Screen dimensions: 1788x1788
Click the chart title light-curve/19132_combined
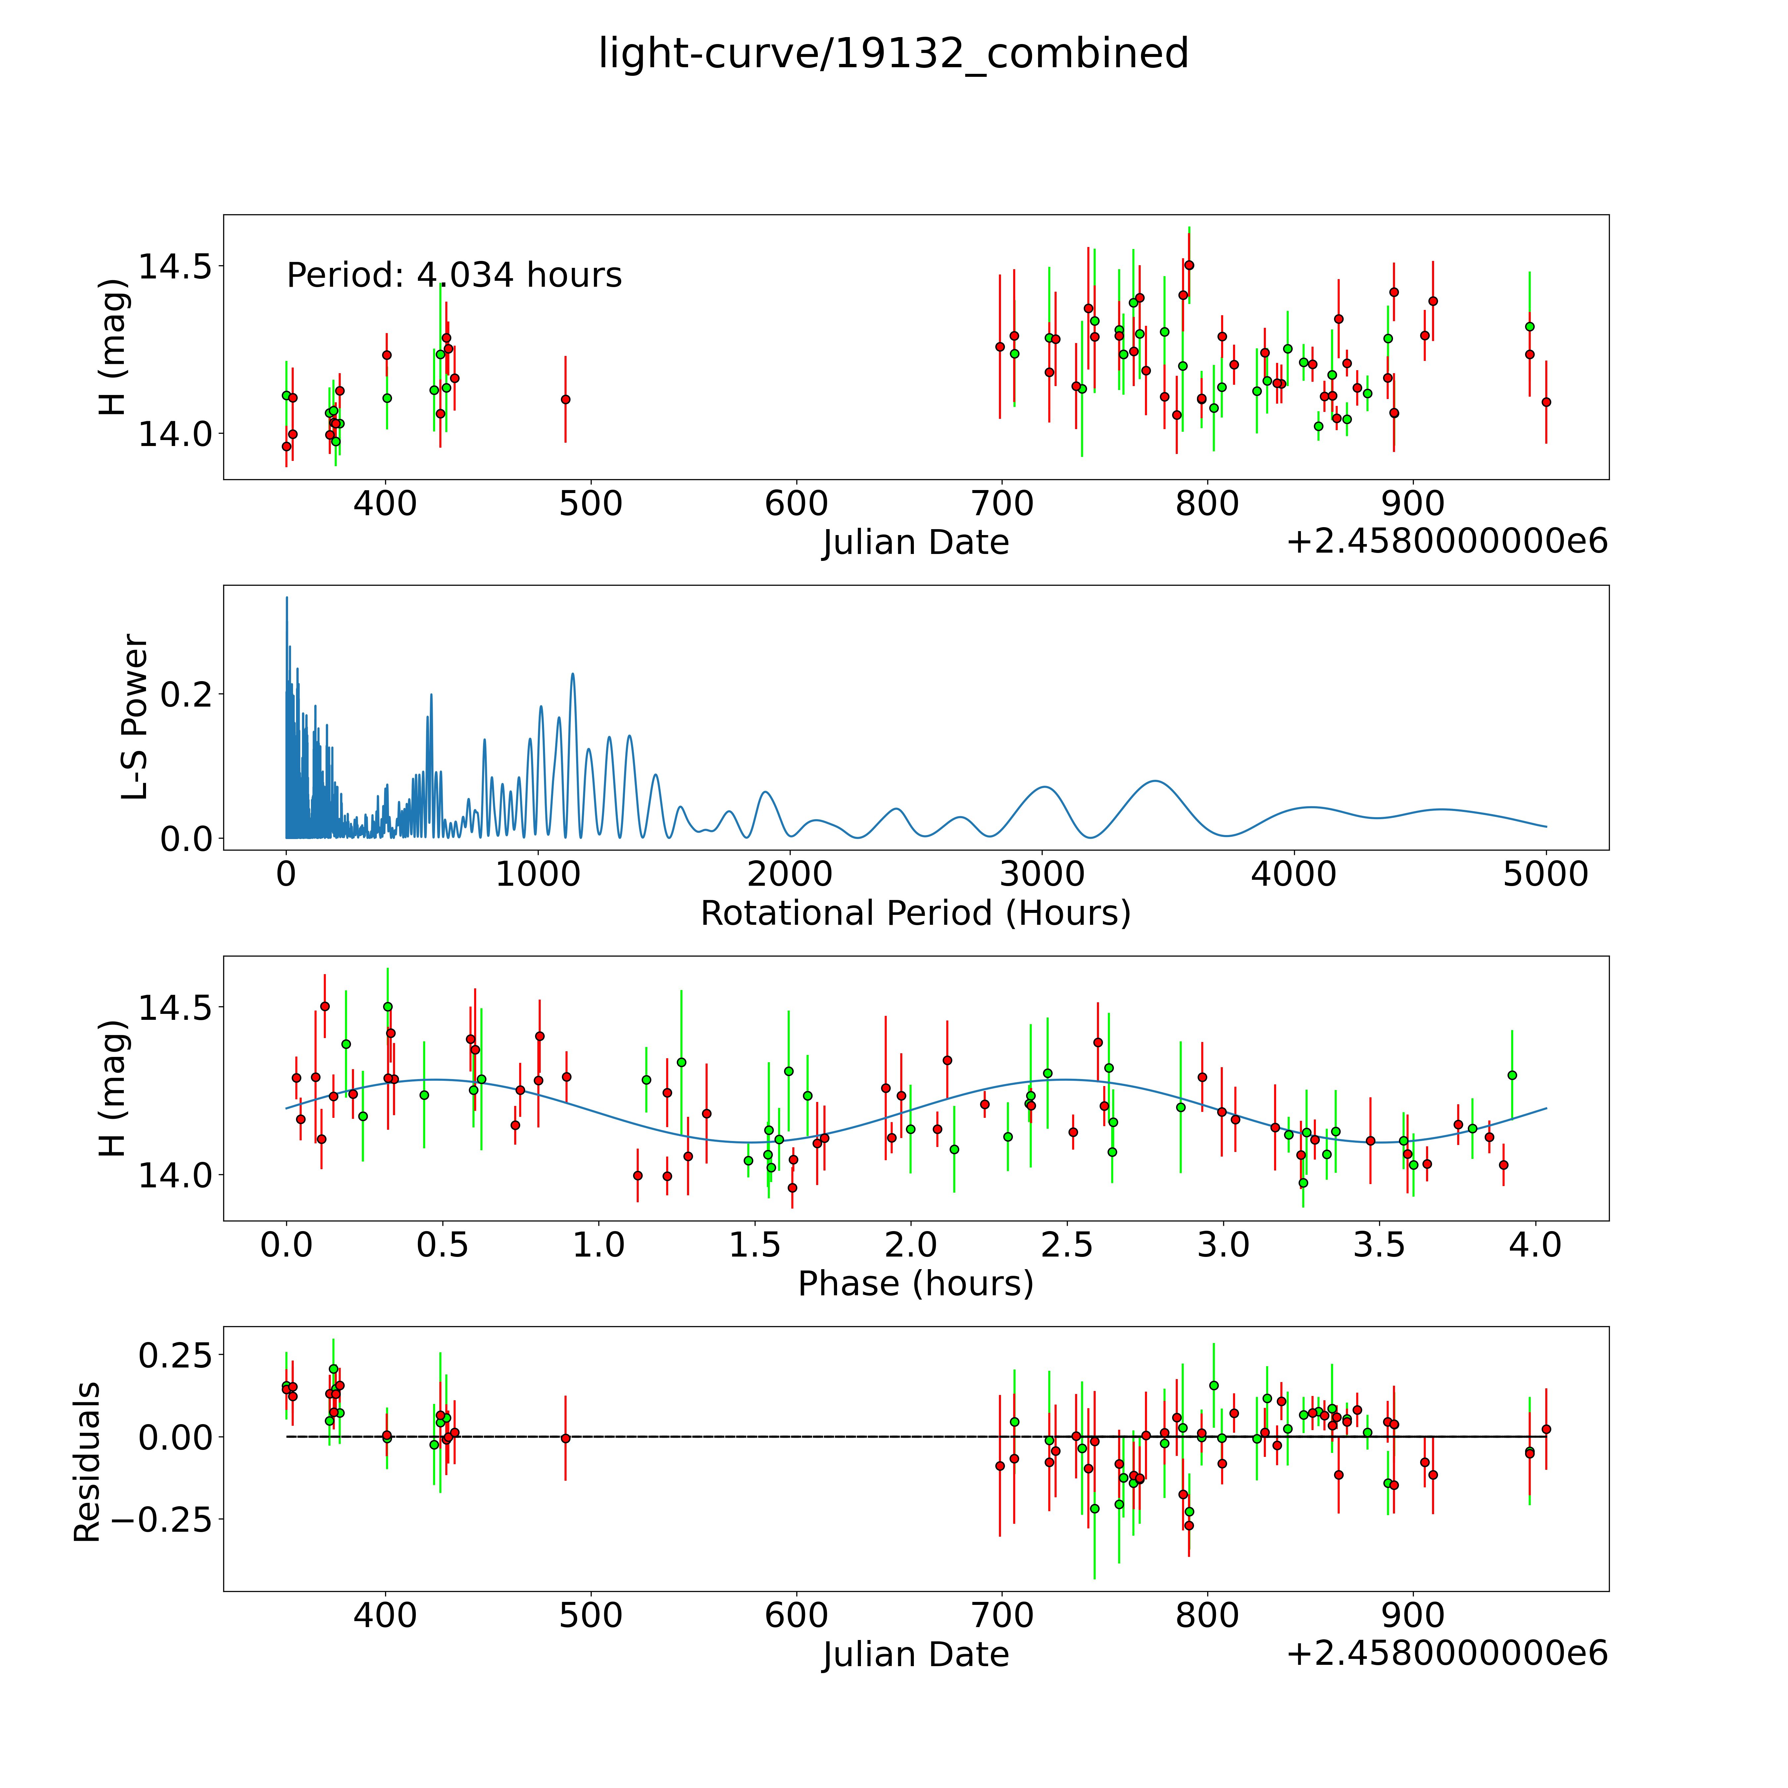pos(893,54)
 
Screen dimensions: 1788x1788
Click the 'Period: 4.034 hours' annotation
pos(454,276)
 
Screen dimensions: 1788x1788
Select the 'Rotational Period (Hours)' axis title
pos(915,914)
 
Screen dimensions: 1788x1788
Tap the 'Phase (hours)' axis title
pos(915,1284)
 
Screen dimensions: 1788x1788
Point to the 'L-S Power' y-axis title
pos(135,717)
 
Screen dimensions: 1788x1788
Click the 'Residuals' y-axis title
pos(87,1462)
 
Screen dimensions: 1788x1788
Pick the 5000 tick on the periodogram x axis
pos(1546,874)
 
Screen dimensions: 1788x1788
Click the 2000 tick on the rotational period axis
pos(789,874)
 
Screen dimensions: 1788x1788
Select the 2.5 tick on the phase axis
pos(1067,1245)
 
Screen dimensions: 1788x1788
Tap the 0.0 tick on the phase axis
pos(286,1245)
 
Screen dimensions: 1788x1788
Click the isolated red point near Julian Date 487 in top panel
pos(566,399)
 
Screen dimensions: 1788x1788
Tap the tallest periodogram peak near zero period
pos(287,598)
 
